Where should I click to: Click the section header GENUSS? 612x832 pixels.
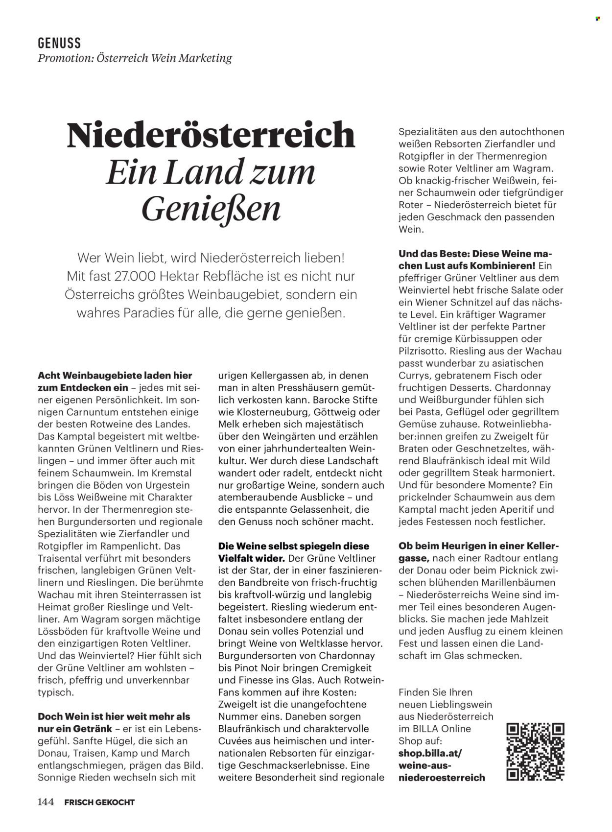59,43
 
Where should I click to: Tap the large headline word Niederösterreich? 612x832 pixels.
211,135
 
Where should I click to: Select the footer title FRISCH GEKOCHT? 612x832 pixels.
99,802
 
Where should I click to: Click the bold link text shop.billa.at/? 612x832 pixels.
429,753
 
